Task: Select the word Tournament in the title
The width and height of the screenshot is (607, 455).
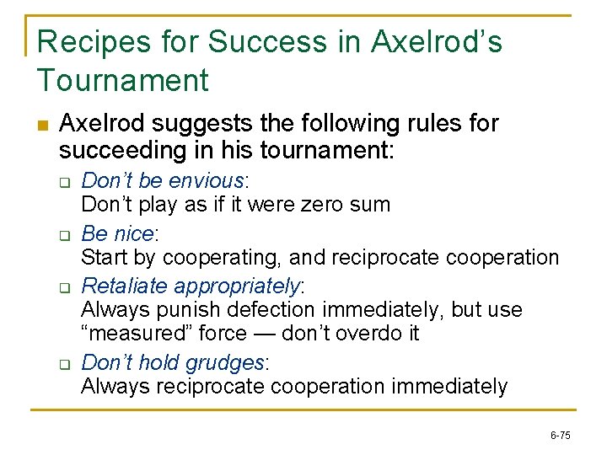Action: [123, 81]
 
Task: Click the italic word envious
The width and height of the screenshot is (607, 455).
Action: [207, 181]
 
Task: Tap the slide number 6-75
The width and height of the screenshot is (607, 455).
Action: [560, 436]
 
